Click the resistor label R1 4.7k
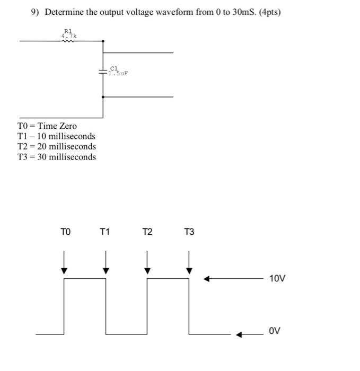tap(70, 33)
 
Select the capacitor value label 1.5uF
tap(118, 74)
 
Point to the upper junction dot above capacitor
tap(103, 41)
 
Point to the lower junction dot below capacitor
tap(103, 97)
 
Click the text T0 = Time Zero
tap(47, 126)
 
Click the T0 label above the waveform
tap(65, 232)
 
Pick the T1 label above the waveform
tap(104, 232)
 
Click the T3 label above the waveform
tap(189, 232)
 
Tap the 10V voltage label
tap(277, 278)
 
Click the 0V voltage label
tap(274, 331)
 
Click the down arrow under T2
tap(147, 262)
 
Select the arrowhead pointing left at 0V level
tap(240, 334)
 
